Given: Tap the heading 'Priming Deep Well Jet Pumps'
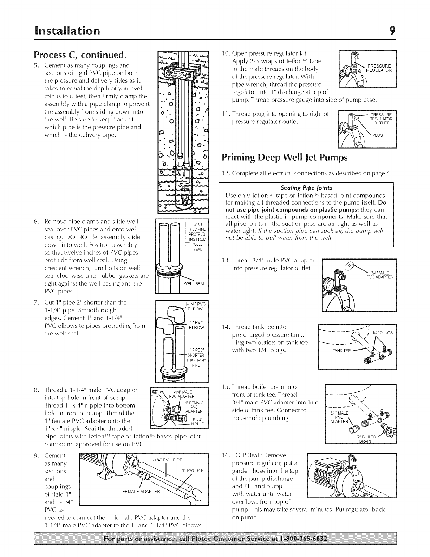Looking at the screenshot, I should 285,157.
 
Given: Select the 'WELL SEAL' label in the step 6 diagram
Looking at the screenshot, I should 195,284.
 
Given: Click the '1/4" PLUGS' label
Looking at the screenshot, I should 383,333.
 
